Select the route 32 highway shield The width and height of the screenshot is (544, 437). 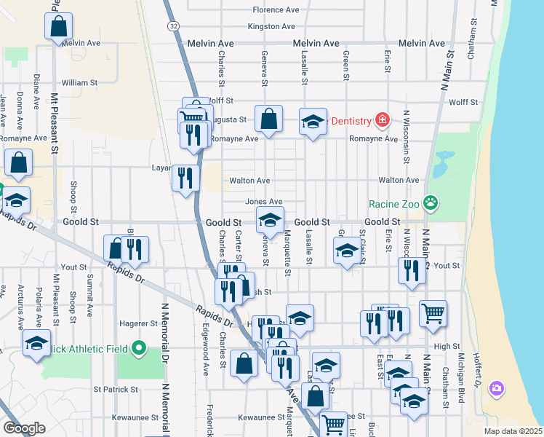pyautogui.click(x=172, y=25)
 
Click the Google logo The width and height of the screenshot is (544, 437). pyautogui.click(x=24, y=428)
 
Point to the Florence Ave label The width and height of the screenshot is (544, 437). pyautogui.click(x=276, y=10)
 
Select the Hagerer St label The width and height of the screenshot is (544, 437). pyautogui.click(x=139, y=323)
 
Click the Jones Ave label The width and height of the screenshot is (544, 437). pyautogui.click(x=263, y=202)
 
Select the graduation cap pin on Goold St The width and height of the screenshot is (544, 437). pyautogui.click(x=270, y=220)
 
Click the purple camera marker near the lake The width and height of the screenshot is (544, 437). pyautogui.click(x=497, y=388)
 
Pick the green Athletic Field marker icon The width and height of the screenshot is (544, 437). pyautogui.click(x=140, y=350)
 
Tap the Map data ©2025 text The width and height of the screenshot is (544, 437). pyautogui.click(x=512, y=430)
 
